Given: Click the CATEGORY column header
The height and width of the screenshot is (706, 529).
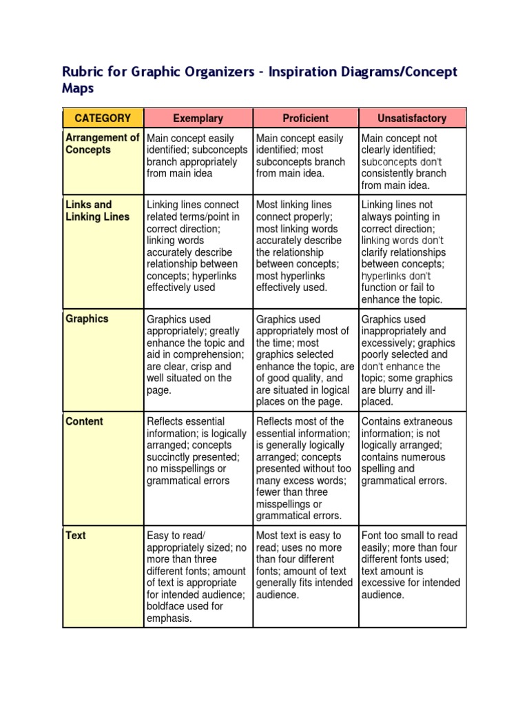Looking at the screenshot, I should click(x=103, y=118).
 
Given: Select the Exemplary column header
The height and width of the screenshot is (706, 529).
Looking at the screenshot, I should click(x=198, y=118).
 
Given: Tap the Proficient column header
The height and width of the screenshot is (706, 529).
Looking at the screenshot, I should click(x=306, y=118).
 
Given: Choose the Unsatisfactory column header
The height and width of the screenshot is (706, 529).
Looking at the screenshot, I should click(x=412, y=118).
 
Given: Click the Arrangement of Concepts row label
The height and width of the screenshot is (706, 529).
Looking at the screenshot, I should click(x=102, y=144).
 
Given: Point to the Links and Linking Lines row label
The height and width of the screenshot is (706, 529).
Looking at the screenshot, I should click(x=97, y=211).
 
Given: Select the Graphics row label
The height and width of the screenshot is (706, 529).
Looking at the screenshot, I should click(x=87, y=319).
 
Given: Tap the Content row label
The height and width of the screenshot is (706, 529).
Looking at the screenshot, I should click(x=84, y=421).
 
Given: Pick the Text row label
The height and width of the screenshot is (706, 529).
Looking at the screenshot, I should click(x=76, y=535).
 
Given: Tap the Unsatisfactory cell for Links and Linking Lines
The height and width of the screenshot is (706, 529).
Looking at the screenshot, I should click(x=411, y=252).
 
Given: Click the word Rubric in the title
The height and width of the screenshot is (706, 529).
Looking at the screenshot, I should click(x=81, y=72).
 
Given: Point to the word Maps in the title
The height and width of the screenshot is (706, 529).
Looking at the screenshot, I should click(x=78, y=90).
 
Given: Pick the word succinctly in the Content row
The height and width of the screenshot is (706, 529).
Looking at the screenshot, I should click(x=169, y=457).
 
